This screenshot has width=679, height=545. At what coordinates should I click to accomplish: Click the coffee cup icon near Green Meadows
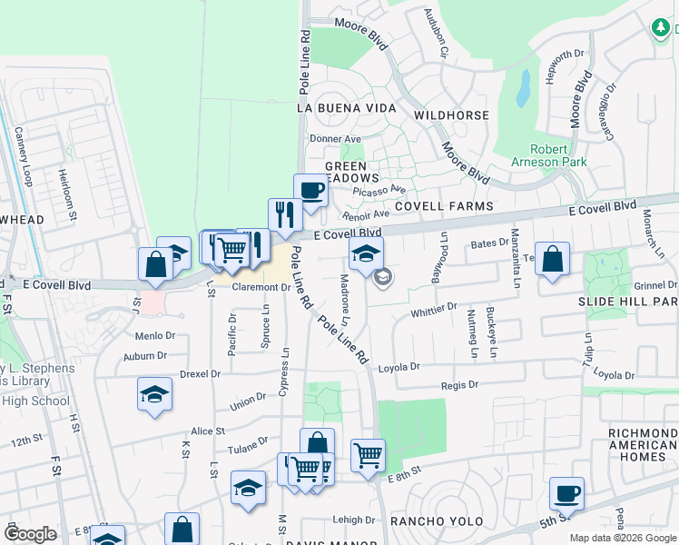pyautogui.click(x=310, y=191)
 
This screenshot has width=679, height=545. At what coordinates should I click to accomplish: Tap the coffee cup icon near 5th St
pyautogui.click(x=566, y=493)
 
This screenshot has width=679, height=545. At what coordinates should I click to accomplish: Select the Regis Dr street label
pyautogui.click(x=459, y=385)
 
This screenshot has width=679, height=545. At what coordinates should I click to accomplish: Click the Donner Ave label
pyautogui.click(x=336, y=139)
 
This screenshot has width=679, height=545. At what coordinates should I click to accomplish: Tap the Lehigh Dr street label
pyautogui.click(x=354, y=520)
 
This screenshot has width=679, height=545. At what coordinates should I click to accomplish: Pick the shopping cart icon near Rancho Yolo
pyautogui.click(x=367, y=453)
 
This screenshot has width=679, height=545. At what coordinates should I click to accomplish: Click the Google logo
pyautogui.click(x=30, y=534)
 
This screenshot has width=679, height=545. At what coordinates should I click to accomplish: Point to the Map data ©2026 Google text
pyautogui.click(x=622, y=538)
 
